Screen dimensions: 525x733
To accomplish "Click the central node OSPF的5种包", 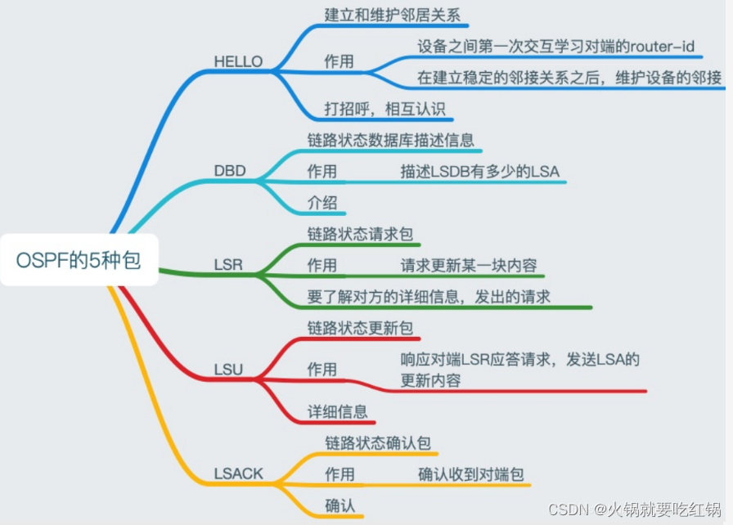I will click(79, 261).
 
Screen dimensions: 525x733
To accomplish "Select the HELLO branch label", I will click(238, 61).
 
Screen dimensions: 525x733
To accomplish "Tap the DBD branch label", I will click(230, 173).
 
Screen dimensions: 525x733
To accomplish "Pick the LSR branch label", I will click(228, 266).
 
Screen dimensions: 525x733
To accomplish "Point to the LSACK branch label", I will click(239, 473).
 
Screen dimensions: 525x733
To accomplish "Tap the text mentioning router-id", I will click(555, 47).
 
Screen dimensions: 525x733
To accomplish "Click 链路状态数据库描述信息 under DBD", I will click(391, 140).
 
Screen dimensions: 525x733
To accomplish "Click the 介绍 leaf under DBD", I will click(322, 203).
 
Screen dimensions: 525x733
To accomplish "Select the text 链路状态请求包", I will click(360, 234).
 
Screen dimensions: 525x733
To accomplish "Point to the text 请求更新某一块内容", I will click(468, 266).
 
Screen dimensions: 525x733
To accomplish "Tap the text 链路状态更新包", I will click(360, 328).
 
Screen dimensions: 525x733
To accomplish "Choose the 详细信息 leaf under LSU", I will click(337, 411).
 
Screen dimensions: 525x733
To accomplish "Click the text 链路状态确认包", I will click(377, 443).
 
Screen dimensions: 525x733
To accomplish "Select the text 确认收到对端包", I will click(470, 474).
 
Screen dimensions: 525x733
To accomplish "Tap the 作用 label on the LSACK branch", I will click(340, 474).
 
